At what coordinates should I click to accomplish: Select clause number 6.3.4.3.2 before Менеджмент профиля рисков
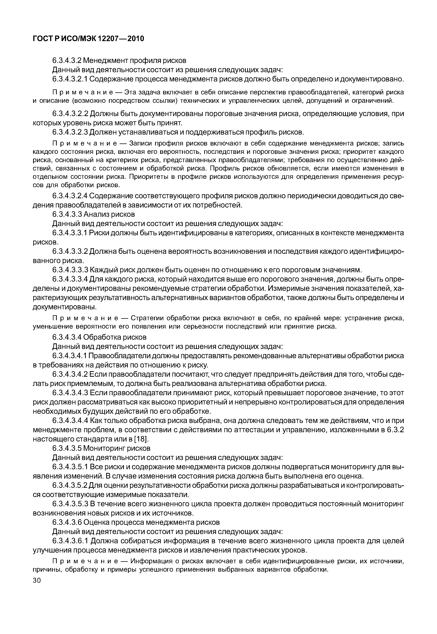67,60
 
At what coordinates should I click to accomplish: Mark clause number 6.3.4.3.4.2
70,374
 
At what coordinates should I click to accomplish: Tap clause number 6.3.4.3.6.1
70,541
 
